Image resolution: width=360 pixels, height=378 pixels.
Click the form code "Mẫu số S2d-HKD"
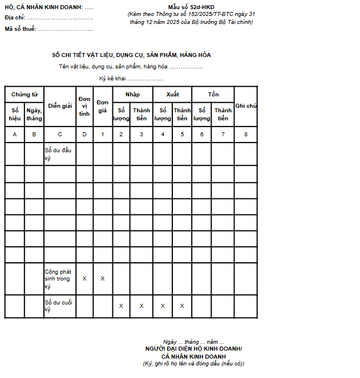[191, 7]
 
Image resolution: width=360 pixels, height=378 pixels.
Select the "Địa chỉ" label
[15, 18]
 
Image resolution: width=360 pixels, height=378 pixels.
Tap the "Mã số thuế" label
[21, 29]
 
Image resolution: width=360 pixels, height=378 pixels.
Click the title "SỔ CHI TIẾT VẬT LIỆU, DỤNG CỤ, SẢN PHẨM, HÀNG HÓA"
[131, 55]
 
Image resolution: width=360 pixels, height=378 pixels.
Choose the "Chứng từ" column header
[24, 94]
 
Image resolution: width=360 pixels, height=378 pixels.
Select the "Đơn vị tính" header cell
[84, 106]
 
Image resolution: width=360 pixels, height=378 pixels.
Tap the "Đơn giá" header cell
[103, 106]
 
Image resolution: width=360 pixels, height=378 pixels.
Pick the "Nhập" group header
[132, 94]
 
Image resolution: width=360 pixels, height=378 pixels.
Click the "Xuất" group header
[172, 94]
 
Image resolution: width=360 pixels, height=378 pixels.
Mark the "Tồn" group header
[213, 94]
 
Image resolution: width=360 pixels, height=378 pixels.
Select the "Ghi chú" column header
[245, 106]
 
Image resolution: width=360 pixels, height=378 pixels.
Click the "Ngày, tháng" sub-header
[34, 114]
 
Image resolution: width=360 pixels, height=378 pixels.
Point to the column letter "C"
[60, 134]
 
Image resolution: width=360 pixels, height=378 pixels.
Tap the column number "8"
[245, 134]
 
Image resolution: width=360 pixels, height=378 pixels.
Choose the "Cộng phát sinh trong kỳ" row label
[57, 279]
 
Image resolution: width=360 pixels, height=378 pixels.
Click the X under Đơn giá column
[103, 279]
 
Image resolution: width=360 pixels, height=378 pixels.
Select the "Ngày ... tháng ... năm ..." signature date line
[193, 342]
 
